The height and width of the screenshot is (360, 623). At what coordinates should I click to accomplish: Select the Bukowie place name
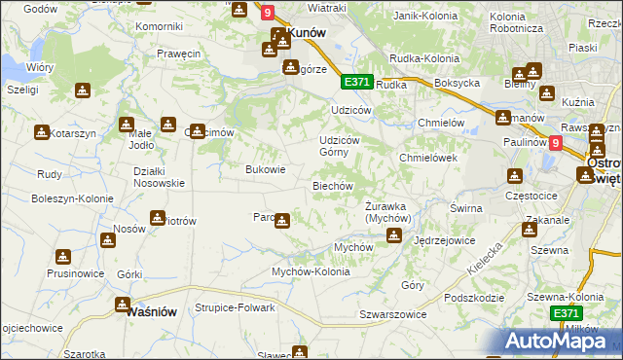point(265,169)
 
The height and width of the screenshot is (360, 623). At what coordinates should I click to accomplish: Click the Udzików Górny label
point(348,146)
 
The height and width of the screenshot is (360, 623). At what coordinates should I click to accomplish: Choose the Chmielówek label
point(428,158)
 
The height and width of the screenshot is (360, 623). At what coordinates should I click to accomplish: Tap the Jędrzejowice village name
point(444,239)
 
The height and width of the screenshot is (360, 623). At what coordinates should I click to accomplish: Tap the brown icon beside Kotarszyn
point(42,132)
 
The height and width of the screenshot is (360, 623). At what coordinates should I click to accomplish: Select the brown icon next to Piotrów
point(157,218)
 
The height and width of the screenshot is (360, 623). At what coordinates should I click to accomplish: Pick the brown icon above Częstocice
point(514,176)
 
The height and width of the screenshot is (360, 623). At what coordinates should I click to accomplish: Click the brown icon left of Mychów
point(392,234)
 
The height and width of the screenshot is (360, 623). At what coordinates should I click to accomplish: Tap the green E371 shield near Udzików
point(356,83)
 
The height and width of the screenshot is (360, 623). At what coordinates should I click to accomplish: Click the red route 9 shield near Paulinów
point(555,142)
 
